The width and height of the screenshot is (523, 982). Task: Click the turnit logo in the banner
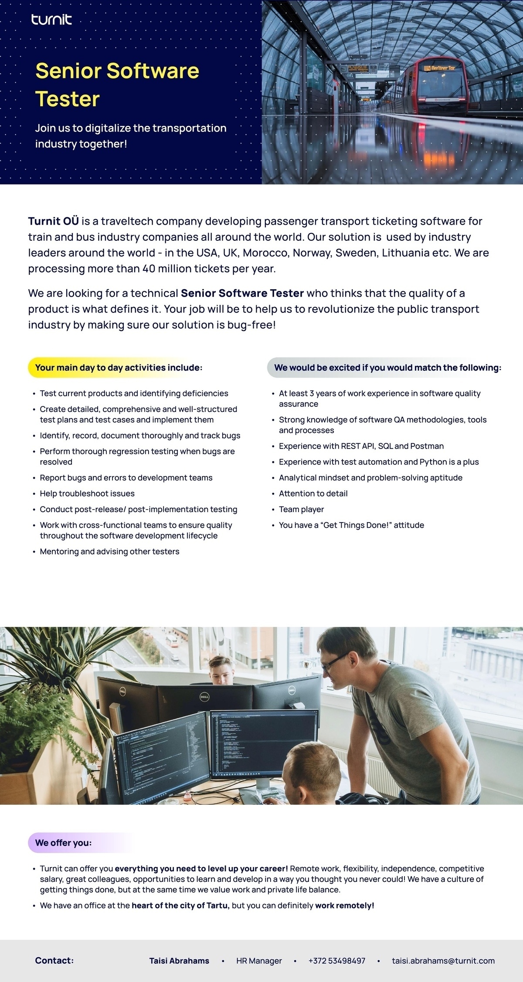pyautogui.click(x=51, y=20)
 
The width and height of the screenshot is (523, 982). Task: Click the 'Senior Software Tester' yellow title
pyautogui.click(x=117, y=84)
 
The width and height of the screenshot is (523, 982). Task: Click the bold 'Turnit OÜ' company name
pyautogui.click(x=53, y=221)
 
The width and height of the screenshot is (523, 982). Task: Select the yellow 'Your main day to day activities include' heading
pyautogui.click(x=119, y=368)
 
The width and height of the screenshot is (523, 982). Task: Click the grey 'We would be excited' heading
pyautogui.click(x=387, y=368)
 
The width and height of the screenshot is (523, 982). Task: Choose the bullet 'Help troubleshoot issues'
pyautogui.click(x=87, y=493)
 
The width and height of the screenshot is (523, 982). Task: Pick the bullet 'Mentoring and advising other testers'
pyautogui.click(x=109, y=551)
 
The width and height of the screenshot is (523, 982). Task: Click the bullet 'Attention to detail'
pyautogui.click(x=313, y=493)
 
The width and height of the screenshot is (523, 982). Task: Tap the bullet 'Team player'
pyautogui.click(x=301, y=509)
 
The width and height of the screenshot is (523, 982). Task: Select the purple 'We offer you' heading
pyautogui.click(x=63, y=843)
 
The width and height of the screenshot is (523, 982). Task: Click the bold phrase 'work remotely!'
pyautogui.click(x=345, y=905)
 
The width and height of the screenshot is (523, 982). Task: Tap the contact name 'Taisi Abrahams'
pyautogui.click(x=179, y=960)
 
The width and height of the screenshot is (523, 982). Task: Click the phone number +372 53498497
pyautogui.click(x=336, y=960)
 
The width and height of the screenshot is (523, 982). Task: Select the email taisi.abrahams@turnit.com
pyautogui.click(x=443, y=960)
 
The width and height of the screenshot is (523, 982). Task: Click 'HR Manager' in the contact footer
pyautogui.click(x=259, y=960)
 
